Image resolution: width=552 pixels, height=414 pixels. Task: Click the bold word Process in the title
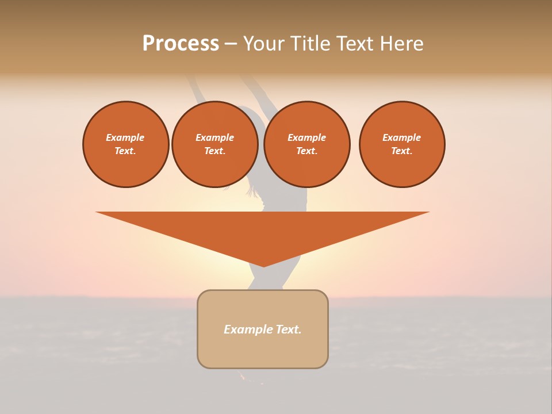[x=181, y=44]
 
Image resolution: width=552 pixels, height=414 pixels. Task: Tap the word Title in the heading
[x=310, y=44]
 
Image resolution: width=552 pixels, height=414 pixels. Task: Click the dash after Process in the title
[x=231, y=44]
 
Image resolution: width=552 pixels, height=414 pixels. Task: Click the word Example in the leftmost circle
[x=125, y=137]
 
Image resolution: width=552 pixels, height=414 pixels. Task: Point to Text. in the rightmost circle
[x=402, y=151]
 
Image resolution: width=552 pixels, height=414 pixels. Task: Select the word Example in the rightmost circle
[x=402, y=137]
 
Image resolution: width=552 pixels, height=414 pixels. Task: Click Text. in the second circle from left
[x=215, y=151]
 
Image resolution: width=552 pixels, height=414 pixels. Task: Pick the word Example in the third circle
[x=307, y=137]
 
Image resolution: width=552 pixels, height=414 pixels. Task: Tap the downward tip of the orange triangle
[x=263, y=265]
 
